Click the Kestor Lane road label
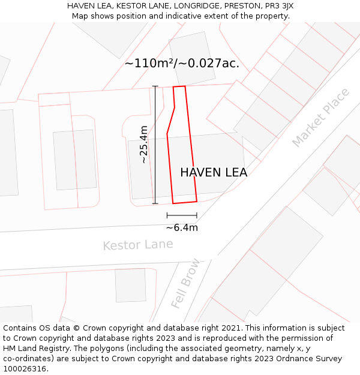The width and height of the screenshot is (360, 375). point(137,245)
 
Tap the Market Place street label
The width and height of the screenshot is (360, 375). point(320,118)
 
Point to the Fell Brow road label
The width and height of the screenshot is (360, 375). point(185,284)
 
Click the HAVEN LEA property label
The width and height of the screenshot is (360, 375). point(214,173)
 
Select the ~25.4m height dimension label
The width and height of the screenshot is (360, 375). point(143,144)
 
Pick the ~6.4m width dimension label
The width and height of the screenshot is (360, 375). point(182,227)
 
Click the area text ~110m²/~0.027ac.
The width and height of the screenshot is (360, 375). point(182,64)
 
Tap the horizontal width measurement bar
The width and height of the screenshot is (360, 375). point(182,215)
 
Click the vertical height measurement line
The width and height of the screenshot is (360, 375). point(155,144)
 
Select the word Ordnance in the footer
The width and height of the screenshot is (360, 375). point(292,359)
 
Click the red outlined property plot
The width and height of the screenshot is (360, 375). point(182,156)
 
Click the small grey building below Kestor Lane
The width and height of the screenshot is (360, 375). point(130,285)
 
